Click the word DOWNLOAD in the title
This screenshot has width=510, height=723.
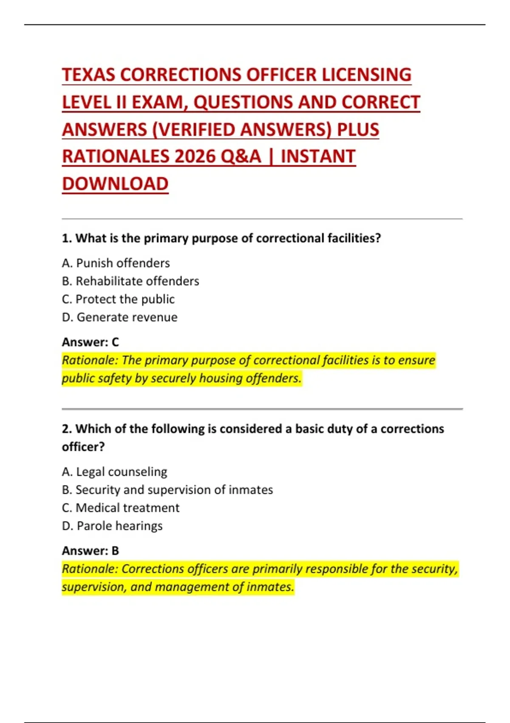coord(115,184)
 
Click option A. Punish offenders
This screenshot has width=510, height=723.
coord(116,263)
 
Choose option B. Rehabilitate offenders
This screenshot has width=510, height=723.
coord(130,281)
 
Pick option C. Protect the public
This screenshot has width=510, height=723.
coord(118,299)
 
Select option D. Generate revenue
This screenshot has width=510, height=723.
coord(119,317)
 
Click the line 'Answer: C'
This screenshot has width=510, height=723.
coord(90,342)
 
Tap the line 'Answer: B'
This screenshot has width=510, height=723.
coord(90,551)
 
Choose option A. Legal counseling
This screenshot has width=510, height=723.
coord(114,472)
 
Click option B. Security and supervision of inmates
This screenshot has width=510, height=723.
coord(167,490)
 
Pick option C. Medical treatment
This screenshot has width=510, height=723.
coord(121,508)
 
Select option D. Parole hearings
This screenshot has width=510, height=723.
coord(112,526)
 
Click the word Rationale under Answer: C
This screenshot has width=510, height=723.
coord(90,361)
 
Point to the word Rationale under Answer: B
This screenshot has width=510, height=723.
coord(90,569)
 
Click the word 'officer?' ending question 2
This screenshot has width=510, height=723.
coord(83,447)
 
